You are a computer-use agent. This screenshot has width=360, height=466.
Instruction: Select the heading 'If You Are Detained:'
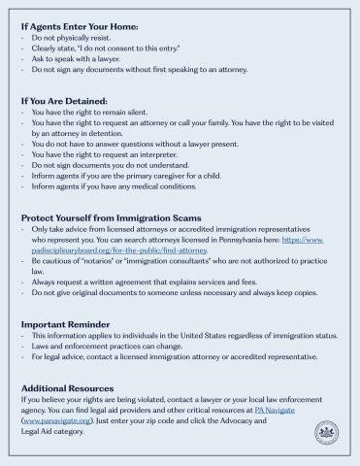point(67,100)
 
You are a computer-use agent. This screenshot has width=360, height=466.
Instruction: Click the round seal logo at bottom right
point(325,431)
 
